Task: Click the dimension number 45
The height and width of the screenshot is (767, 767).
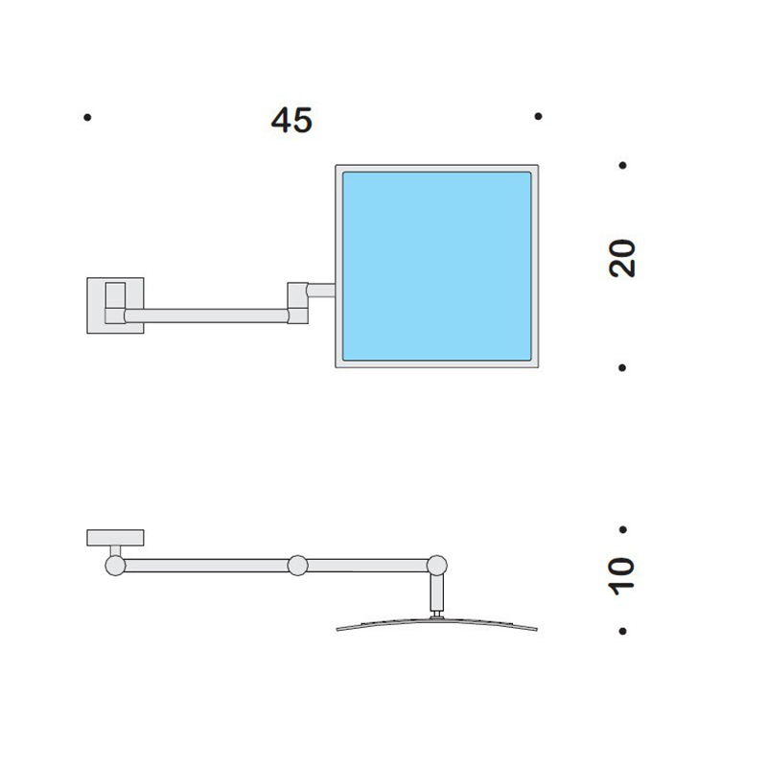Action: (x=291, y=121)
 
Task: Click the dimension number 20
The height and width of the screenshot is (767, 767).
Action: (x=621, y=259)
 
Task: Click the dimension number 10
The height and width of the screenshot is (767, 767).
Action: (x=621, y=576)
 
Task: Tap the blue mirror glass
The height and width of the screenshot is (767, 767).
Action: (x=437, y=267)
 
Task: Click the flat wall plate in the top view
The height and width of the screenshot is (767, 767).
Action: (x=115, y=538)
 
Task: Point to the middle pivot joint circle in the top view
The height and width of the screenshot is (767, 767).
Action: (x=297, y=566)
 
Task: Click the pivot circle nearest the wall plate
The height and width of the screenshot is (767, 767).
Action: (x=115, y=566)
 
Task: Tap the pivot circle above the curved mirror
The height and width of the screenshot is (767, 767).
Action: (x=437, y=566)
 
